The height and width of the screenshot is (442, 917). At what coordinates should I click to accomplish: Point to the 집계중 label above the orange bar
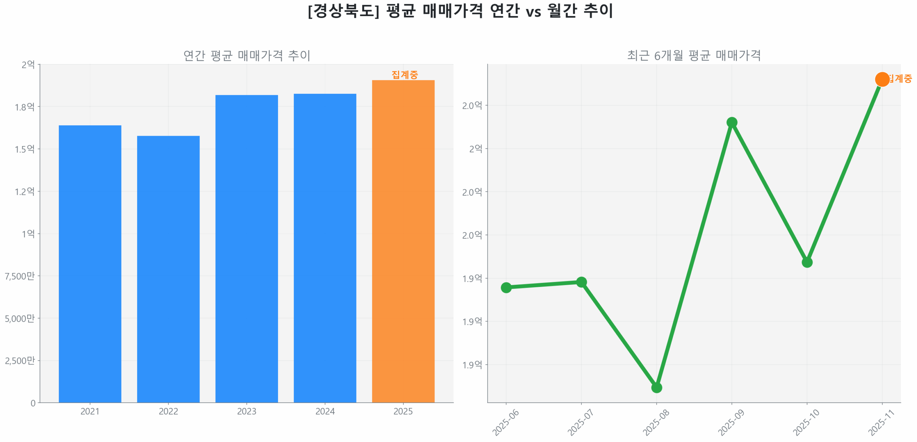coord(404,75)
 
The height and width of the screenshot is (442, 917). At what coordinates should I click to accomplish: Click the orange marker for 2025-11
coord(882,79)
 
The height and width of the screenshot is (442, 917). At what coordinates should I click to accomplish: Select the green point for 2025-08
coord(656,387)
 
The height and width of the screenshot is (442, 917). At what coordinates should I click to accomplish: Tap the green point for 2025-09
coord(731,122)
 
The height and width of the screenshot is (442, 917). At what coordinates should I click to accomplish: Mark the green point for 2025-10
coord(807,262)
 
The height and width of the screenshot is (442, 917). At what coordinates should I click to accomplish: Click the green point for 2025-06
coord(506,287)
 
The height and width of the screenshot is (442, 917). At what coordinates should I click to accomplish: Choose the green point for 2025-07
coord(581,282)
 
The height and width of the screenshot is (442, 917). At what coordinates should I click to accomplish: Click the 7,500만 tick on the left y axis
coord(20,276)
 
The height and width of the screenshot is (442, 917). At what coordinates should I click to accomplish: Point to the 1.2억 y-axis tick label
coord(24,191)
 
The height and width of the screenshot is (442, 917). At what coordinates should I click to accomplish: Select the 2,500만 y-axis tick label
coord(20,360)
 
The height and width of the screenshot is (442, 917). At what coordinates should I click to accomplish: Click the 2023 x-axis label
coord(246,411)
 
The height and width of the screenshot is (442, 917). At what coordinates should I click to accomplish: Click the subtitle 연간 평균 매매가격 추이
coord(246,56)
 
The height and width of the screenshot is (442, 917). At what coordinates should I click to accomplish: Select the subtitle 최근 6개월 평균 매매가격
coord(693,56)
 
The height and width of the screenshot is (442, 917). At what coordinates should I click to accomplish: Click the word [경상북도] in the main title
coord(343,11)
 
